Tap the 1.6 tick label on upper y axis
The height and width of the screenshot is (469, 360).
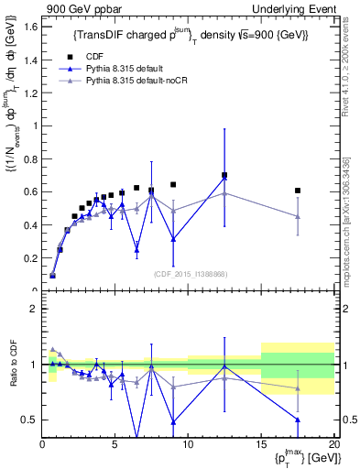click(29, 27)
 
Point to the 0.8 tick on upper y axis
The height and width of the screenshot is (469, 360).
click(29, 158)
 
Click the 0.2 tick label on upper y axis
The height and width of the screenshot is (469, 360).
click(29, 258)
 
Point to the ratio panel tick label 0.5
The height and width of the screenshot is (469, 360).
click(29, 420)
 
